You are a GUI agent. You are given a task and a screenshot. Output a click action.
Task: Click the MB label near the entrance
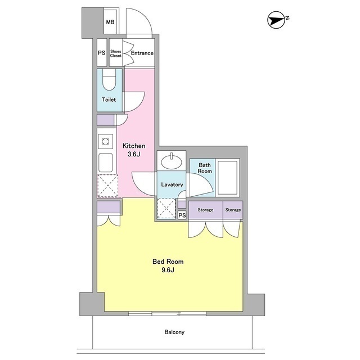tap(110, 22)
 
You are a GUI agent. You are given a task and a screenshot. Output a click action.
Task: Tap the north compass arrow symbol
tap(276, 20)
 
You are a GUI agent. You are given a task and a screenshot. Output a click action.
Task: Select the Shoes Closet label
tap(116, 53)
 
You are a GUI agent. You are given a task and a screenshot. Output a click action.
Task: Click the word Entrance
tap(142, 53)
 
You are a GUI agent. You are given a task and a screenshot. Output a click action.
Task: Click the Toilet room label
tap(109, 100)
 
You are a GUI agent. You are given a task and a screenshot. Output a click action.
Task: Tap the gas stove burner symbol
tap(106, 141)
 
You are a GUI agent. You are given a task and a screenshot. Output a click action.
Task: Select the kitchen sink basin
tap(106, 163)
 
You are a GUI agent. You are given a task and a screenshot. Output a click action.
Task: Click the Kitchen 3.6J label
tap(134, 150)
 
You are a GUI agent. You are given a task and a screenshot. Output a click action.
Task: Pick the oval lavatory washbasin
tap(172, 161)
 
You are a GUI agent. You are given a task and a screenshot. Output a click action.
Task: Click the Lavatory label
tap(172, 184)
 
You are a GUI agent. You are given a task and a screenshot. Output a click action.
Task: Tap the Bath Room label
tap(205, 168)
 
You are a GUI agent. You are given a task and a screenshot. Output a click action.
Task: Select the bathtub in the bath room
tap(227, 178)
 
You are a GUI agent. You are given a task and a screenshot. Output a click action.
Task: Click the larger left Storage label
tap(205, 210)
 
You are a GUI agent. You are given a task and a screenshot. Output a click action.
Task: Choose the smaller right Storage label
tap(233, 210)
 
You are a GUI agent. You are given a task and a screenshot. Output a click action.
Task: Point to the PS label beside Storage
tap(182, 215)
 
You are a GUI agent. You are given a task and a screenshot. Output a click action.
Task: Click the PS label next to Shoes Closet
tap(102, 53)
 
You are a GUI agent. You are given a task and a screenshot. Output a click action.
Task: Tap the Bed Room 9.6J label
tap(168, 265)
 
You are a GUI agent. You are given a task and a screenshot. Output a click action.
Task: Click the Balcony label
tap(174, 332)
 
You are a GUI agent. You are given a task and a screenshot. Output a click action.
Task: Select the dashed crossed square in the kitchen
tap(108, 186)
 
